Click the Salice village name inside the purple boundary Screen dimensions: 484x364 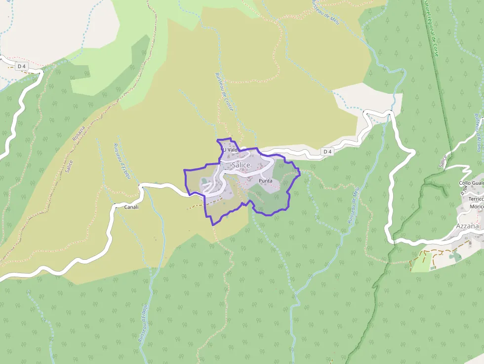pos(241,165)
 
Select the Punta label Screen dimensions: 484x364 pos(265,181)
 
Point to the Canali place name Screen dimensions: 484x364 pos(131,207)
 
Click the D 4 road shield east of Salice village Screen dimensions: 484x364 pos(327,151)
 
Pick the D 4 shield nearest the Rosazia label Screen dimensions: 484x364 pos(20,66)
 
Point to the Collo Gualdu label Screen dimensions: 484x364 pos(471,183)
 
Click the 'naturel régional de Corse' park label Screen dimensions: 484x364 pos(430,27)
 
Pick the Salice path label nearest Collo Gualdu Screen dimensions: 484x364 pos(443,161)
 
